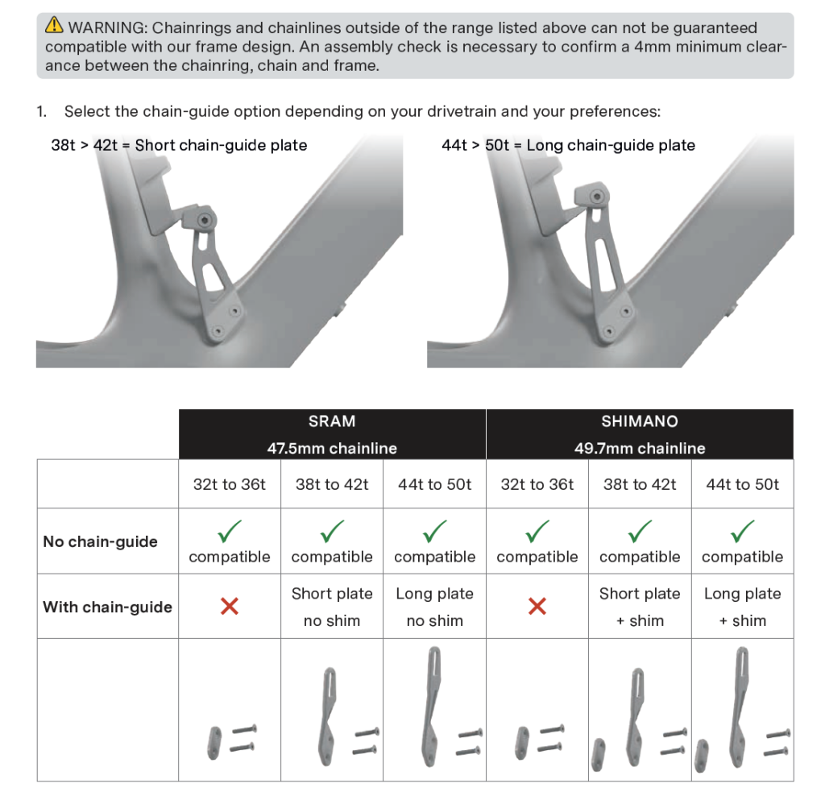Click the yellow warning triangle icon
click(54, 25)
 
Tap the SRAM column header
click(332, 421)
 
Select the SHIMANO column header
click(640, 421)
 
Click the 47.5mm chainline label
click(332, 448)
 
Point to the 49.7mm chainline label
click(640, 448)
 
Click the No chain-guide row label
click(101, 541)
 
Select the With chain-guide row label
click(107, 607)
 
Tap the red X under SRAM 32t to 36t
click(230, 606)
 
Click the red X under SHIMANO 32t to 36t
click(537, 606)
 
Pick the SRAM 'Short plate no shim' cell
click(332, 607)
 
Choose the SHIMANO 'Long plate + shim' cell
click(742, 607)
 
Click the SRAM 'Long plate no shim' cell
click(434, 607)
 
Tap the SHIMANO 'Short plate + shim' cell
click(640, 607)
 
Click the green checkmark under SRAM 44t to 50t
click(434, 531)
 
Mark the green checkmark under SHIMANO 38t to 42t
click(640, 531)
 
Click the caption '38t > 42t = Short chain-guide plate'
click(179, 145)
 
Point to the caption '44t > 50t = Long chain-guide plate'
click(568, 145)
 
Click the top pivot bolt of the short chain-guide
click(205, 220)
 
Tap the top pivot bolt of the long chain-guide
click(597, 197)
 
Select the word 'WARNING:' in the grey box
click(108, 27)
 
